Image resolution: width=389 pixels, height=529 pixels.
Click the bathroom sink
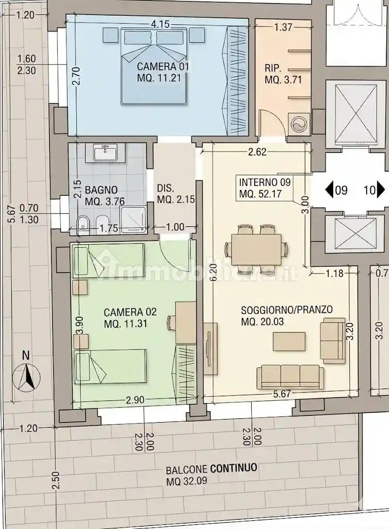pyautogui.click(x=105, y=152)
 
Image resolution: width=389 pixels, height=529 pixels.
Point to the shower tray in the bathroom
pyautogui.click(x=134, y=220)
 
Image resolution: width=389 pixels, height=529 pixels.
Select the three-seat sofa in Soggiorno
pyautogui.click(x=290, y=377)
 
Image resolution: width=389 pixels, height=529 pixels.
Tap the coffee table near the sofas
pyautogui.click(x=289, y=341)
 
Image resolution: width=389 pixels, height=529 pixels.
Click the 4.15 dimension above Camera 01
pyautogui.click(x=160, y=25)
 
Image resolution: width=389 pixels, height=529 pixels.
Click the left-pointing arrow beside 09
pyautogui.click(x=329, y=190)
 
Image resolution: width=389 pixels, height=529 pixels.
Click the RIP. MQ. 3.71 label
pyautogui.click(x=283, y=74)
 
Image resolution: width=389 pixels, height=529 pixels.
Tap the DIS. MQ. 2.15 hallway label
pyautogui.click(x=176, y=194)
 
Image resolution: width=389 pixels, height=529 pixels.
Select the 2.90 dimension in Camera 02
pyautogui.click(x=135, y=400)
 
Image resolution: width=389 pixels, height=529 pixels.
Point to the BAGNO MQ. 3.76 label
pyautogui.click(x=104, y=196)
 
